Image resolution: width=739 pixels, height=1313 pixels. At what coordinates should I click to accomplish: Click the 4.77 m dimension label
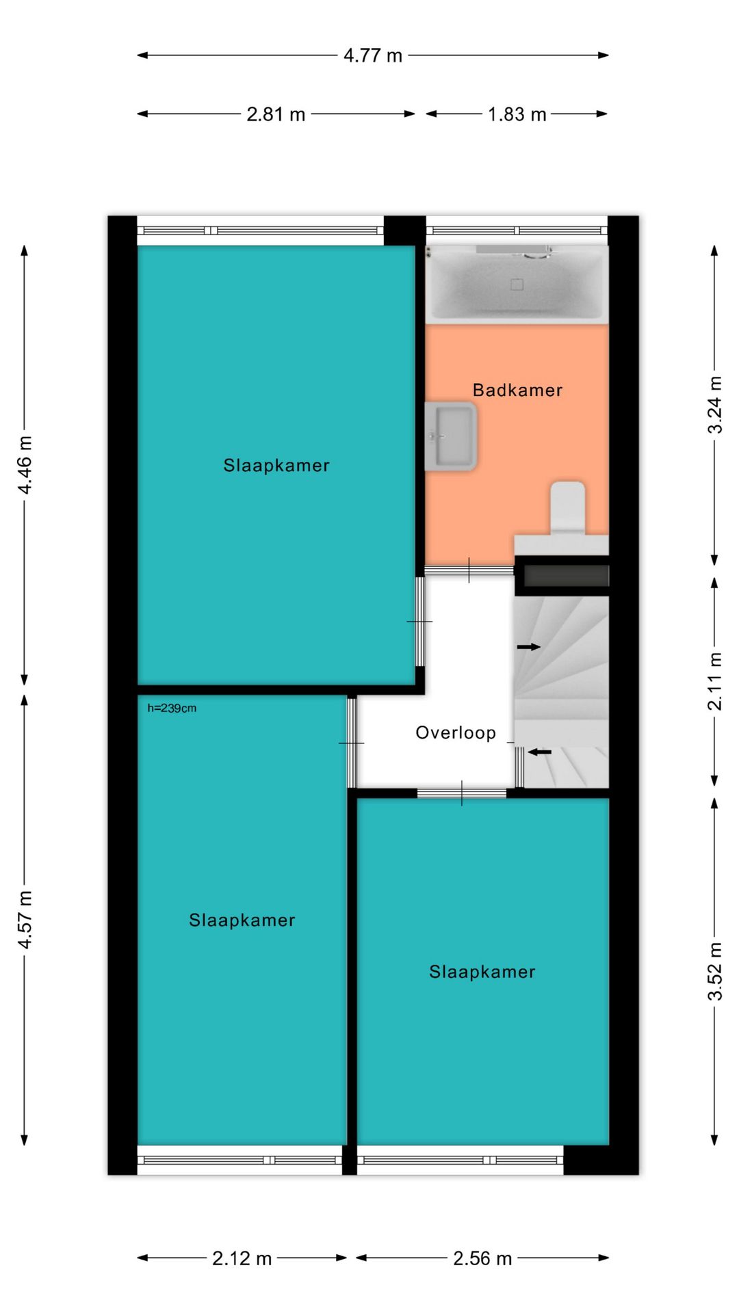pyautogui.click(x=373, y=55)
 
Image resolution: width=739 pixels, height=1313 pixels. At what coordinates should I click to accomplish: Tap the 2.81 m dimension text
pyautogui.click(x=276, y=114)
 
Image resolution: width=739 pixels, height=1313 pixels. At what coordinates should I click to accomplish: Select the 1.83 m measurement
pyautogui.click(x=517, y=114)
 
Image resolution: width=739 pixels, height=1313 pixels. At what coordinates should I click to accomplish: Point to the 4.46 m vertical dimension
pyautogui.click(x=25, y=465)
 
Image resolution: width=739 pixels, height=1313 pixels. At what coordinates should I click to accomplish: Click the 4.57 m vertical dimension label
pyautogui.click(x=25, y=920)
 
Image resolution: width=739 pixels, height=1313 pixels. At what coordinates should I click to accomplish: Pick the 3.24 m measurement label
pyautogui.click(x=715, y=404)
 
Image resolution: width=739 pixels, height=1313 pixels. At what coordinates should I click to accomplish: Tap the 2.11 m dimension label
pyautogui.click(x=715, y=681)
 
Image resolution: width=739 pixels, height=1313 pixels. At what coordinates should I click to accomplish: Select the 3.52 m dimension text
pyautogui.click(x=715, y=971)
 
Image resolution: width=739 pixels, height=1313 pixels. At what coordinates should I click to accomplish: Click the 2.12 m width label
pyautogui.click(x=242, y=1258)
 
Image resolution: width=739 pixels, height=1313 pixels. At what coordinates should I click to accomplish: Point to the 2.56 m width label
pyautogui.click(x=482, y=1258)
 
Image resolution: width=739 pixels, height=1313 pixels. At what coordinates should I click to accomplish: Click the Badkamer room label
pyautogui.click(x=518, y=390)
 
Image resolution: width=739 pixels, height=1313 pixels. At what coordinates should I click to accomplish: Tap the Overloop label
pyautogui.click(x=456, y=733)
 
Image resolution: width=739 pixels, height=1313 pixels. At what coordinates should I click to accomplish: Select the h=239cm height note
pyautogui.click(x=172, y=708)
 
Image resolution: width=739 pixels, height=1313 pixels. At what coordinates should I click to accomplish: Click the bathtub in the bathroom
pyautogui.click(x=517, y=283)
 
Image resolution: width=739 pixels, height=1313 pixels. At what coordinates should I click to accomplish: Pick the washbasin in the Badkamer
pyautogui.click(x=450, y=436)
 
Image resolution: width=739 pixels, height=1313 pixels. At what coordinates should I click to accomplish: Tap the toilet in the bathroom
pyautogui.click(x=568, y=508)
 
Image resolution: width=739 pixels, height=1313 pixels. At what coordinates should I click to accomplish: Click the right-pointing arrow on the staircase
pyautogui.click(x=529, y=647)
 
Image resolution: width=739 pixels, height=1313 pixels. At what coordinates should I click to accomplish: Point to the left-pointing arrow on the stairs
pyautogui.click(x=539, y=752)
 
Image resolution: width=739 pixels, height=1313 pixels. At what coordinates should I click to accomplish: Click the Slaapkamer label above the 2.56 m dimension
pyautogui.click(x=482, y=972)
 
